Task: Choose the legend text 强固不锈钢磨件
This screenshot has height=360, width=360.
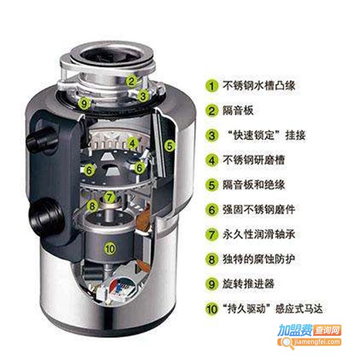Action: coord(256,209)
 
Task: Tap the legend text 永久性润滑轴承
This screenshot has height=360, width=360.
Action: coord(256,234)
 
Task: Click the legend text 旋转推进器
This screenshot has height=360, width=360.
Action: coord(246,284)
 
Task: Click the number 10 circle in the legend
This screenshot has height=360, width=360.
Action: coord(211,309)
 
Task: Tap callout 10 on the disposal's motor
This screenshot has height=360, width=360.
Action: coord(109,247)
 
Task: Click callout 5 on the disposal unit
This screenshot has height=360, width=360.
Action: coord(169,145)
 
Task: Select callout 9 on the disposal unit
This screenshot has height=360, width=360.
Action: coord(85,103)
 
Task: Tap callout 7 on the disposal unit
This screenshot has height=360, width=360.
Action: coord(109,196)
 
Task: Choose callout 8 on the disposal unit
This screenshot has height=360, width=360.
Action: coord(92,205)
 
